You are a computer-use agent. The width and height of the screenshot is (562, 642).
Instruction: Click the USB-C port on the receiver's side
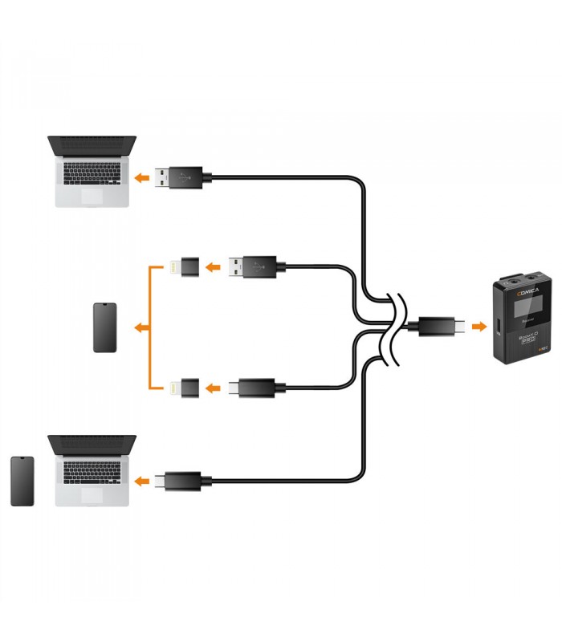pos(498,327)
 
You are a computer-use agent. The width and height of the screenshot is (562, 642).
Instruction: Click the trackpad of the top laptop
pos(92,195)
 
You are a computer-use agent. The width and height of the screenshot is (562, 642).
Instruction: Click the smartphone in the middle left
pos(105,327)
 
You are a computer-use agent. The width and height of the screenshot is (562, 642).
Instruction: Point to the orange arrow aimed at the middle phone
pos(140,327)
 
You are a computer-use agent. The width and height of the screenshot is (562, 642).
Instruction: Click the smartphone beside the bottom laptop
pos(22,481)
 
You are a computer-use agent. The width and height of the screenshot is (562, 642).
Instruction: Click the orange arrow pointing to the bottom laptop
pos(142,481)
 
